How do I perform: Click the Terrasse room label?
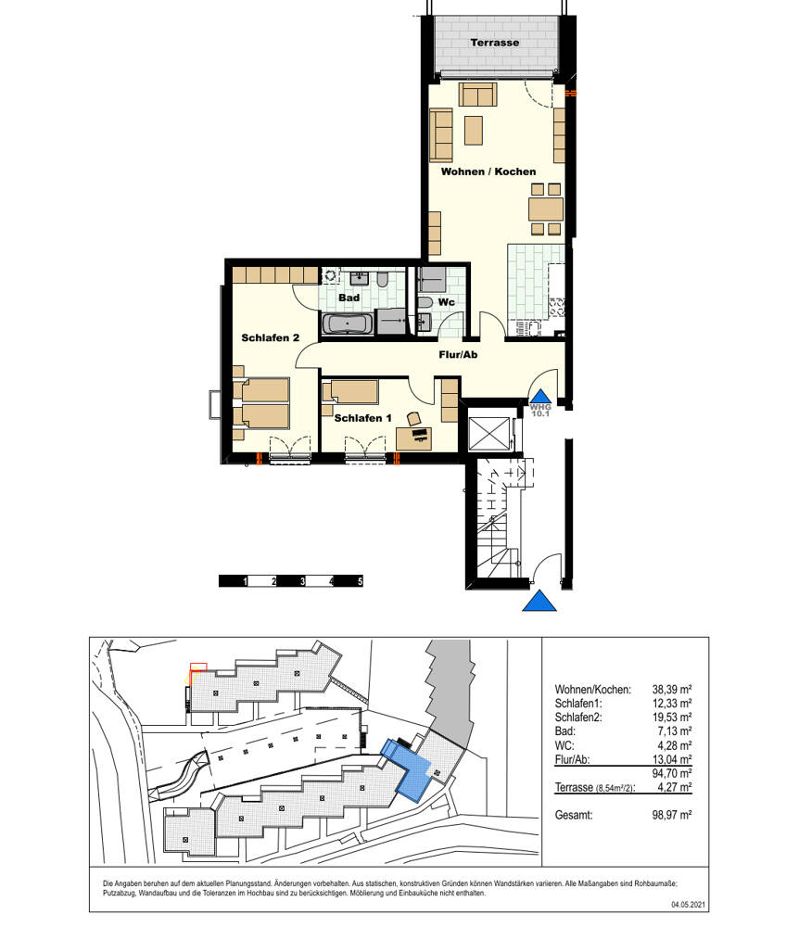tap(495, 43)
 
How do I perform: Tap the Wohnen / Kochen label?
tap(488, 171)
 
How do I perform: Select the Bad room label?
tap(349, 298)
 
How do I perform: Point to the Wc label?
tap(446, 302)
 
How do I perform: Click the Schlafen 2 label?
tap(270, 337)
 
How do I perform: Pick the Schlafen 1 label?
tap(362, 418)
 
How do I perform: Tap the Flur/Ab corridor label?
tap(458, 355)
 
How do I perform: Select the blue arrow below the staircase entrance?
tap(539, 602)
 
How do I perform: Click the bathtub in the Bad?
tap(348, 324)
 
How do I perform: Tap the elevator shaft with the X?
tap(488, 434)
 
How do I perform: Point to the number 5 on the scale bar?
tap(360, 582)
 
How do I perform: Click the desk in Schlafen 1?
tap(413, 438)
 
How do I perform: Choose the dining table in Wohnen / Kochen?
tap(545, 210)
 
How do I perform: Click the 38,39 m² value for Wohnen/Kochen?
tap(672, 690)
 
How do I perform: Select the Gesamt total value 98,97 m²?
tap(672, 815)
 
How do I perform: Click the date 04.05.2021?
tap(689, 905)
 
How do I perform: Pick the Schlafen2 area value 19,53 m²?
tap(672, 717)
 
